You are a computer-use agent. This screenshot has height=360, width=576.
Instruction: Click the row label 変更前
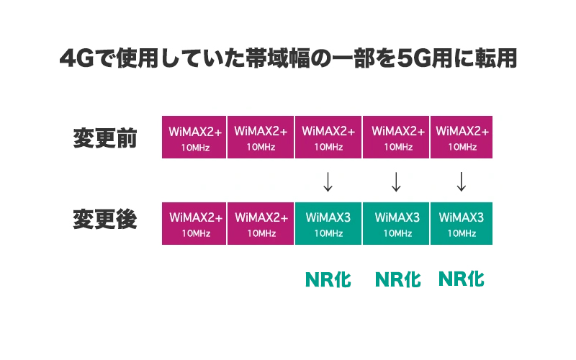click(104, 138)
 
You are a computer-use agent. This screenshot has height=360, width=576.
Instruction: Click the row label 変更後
click(104, 220)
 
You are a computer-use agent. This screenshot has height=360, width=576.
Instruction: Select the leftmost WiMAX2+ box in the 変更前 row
click(194, 138)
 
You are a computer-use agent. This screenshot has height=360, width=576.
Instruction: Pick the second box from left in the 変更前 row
click(261, 138)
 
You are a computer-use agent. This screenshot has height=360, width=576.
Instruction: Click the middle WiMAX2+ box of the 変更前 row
click(328, 138)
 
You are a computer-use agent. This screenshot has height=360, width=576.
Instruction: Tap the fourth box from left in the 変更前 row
click(395, 138)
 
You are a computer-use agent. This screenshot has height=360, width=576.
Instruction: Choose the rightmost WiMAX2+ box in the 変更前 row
click(462, 138)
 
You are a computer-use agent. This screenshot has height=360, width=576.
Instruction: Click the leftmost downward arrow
click(328, 181)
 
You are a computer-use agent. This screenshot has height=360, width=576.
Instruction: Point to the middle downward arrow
click(395, 181)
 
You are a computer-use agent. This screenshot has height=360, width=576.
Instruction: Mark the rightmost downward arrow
click(462, 181)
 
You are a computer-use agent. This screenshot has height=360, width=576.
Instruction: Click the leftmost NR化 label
click(328, 279)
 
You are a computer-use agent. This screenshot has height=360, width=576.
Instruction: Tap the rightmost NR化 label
click(462, 279)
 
